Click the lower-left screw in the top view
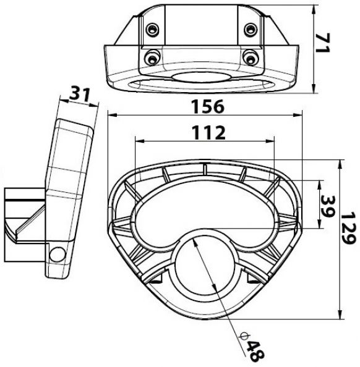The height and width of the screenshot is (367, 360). coord(151,57)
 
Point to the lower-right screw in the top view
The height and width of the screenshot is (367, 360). coord(251,57)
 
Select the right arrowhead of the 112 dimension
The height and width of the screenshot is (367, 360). coord(271,140)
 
